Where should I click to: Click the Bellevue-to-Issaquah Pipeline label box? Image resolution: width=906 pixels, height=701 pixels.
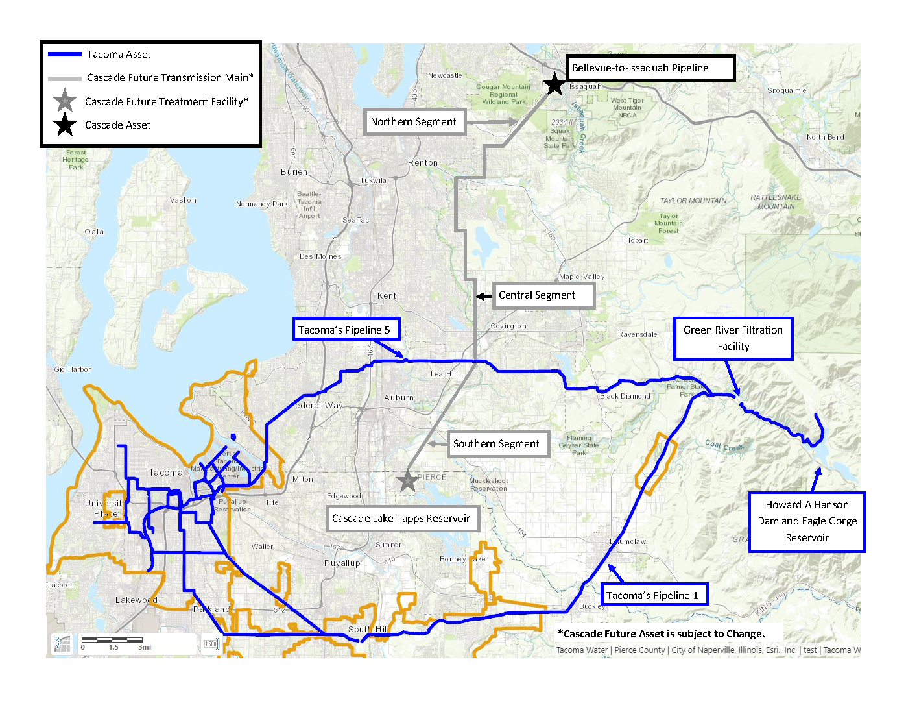pyautogui.click(x=650, y=68)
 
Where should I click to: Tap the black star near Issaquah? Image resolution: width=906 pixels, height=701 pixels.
pyautogui.click(x=554, y=84)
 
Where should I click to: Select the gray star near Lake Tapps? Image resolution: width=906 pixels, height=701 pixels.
pyautogui.click(x=407, y=481)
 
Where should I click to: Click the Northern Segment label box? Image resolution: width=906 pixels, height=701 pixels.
pyautogui.click(x=414, y=122)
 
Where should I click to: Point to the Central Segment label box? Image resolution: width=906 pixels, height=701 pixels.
pyautogui.click(x=543, y=295)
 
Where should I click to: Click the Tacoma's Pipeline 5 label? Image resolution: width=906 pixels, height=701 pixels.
pyautogui.click(x=346, y=330)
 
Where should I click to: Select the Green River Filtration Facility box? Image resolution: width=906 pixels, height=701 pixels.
pyautogui.click(x=733, y=338)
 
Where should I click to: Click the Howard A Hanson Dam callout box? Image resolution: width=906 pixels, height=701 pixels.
pyautogui.click(x=807, y=521)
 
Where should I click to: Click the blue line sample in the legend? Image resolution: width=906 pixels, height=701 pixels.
pyautogui.click(x=65, y=55)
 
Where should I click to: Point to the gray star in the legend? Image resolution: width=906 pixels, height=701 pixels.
pyautogui.click(x=65, y=101)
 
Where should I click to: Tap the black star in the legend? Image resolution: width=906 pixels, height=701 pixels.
pyautogui.click(x=65, y=125)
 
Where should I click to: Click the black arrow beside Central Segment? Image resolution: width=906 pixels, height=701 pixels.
pyautogui.click(x=484, y=296)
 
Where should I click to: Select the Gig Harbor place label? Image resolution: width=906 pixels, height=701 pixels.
pyautogui.click(x=73, y=369)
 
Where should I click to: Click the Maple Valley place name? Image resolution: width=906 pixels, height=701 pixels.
pyautogui.click(x=582, y=277)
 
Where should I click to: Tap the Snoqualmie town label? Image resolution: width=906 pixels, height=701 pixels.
pyautogui.click(x=787, y=90)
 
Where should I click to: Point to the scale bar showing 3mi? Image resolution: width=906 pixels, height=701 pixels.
pyautogui.click(x=114, y=643)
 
